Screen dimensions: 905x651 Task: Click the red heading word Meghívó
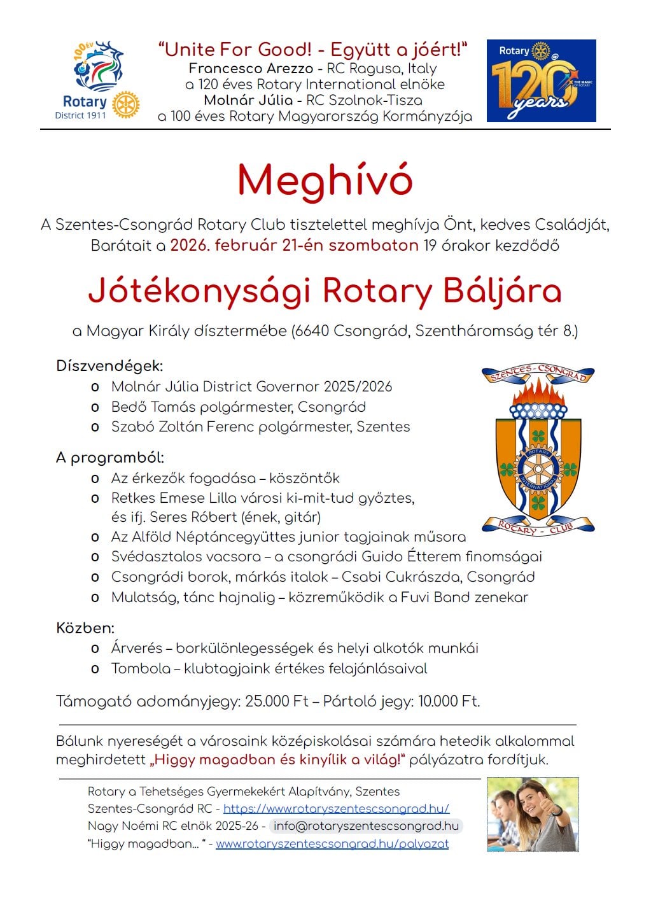(325, 181)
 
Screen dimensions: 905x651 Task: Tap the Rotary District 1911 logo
(97, 80)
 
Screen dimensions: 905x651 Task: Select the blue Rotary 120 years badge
(541, 81)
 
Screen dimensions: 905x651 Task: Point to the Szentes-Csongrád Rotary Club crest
(538, 449)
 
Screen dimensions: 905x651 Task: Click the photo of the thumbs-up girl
(533, 814)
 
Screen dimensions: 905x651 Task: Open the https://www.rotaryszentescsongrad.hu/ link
(336, 808)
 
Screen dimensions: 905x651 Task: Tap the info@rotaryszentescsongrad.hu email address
(366, 826)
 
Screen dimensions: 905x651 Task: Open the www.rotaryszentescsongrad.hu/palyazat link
(332, 844)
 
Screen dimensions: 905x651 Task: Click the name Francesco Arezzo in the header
(251, 69)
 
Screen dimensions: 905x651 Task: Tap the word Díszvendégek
(109, 366)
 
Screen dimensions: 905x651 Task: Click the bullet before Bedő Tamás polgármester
(95, 407)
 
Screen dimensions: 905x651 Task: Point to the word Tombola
(141, 669)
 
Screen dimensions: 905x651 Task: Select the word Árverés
(137, 649)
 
